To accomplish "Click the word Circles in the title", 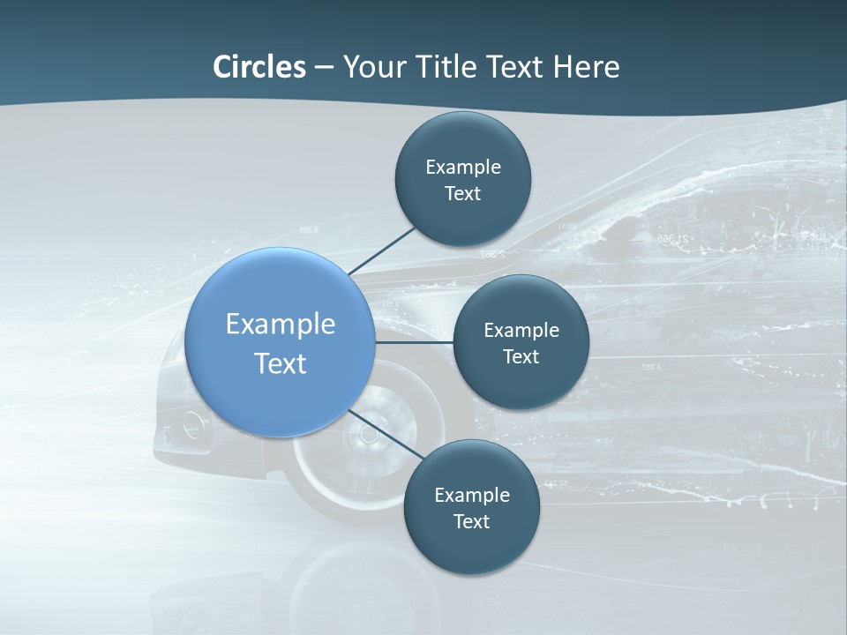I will (259, 67).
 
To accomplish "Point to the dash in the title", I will (324, 68).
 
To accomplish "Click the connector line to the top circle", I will (382, 250).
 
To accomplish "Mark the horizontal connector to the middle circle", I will (414, 342).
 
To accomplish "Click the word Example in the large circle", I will (281, 324).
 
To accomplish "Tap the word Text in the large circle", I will (281, 363).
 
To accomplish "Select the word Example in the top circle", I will (463, 167).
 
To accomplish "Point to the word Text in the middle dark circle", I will (521, 356).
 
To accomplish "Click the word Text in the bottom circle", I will (471, 521).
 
